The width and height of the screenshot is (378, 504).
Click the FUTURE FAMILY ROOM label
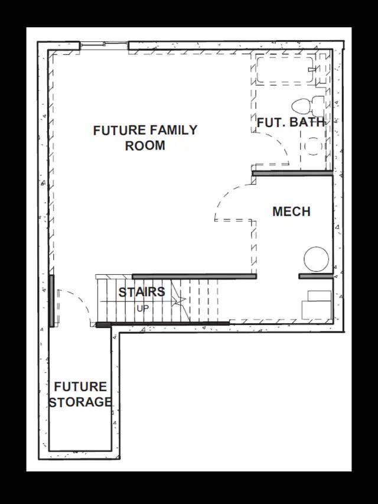tap(145, 138)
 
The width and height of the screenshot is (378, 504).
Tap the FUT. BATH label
tap(291, 122)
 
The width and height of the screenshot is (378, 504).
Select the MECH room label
tap(292, 212)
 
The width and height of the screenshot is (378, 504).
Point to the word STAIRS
tap(142, 292)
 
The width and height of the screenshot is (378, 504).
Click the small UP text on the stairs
tap(143, 308)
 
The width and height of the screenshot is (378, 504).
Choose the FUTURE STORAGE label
tap(80, 394)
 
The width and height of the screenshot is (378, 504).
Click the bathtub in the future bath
tap(285, 69)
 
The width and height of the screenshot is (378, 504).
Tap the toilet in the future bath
tap(308, 106)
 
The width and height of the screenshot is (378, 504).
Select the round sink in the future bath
tap(313, 146)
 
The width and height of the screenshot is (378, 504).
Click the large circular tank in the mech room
tap(317, 259)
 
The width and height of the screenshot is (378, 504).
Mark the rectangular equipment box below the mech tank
tap(317, 305)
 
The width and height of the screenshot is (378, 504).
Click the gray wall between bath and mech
tap(292, 174)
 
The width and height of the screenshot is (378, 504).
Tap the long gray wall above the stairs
tap(194, 276)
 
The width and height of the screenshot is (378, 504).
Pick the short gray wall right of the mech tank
tap(315, 276)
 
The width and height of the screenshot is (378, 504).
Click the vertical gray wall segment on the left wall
tap(52, 301)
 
